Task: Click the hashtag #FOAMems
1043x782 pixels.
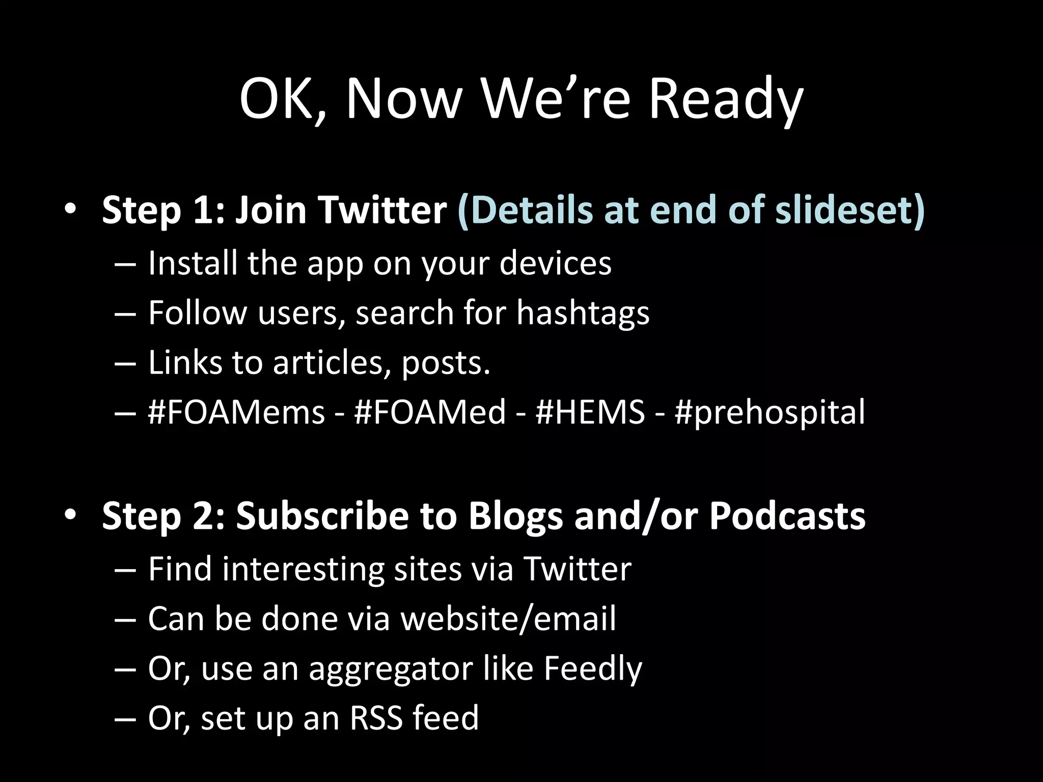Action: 236,412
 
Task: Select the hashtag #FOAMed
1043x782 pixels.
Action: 430,412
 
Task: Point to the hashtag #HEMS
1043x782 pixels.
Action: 590,412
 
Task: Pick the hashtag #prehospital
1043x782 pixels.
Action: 770,413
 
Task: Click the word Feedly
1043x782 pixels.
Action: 592,668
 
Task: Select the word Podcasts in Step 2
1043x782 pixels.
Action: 787,516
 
